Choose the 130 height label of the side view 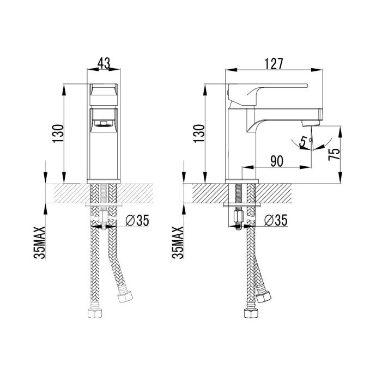point(199,133)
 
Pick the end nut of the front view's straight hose point(93,315)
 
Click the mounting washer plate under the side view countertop point(243,205)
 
